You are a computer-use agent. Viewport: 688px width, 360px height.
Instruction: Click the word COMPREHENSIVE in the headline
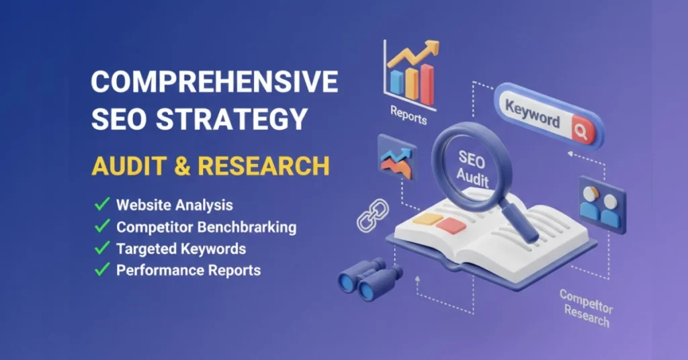pyautogui.click(x=214, y=81)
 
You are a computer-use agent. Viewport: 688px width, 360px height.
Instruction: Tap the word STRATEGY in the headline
pyautogui.click(x=232, y=119)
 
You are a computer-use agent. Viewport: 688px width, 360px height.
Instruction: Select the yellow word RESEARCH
pyautogui.click(x=263, y=166)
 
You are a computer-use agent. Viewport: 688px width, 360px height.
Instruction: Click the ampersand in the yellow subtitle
pyautogui.click(x=181, y=166)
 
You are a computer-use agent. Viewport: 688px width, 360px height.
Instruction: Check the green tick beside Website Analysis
pyautogui.click(x=102, y=204)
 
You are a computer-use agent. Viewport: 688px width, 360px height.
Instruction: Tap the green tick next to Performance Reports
pyautogui.click(x=102, y=269)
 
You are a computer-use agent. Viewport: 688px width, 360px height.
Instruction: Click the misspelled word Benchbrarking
pyautogui.click(x=247, y=227)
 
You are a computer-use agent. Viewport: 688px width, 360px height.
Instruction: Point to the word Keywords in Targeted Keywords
pyautogui.click(x=214, y=249)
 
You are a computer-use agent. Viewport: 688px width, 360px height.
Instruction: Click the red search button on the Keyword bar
pyautogui.click(x=583, y=131)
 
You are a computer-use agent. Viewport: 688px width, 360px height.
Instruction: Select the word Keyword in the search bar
pyautogui.click(x=532, y=114)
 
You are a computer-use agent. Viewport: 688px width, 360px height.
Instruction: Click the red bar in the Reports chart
pyautogui.click(x=427, y=85)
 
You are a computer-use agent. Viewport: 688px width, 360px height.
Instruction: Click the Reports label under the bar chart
pyautogui.click(x=408, y=116)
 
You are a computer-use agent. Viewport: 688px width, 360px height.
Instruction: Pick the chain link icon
pyautogui.click(x=373, y=215)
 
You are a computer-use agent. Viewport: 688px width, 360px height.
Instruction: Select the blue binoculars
pyautogui.click(x=370, y=279)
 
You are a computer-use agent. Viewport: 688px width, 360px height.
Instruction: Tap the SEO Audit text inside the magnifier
pyautogui.click(x=472, y=169)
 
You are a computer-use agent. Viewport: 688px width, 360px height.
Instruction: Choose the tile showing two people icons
pyautogui.click(x=602, y=205)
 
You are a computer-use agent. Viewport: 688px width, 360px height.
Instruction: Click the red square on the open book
pyautogui.click(x=451, y=226)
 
